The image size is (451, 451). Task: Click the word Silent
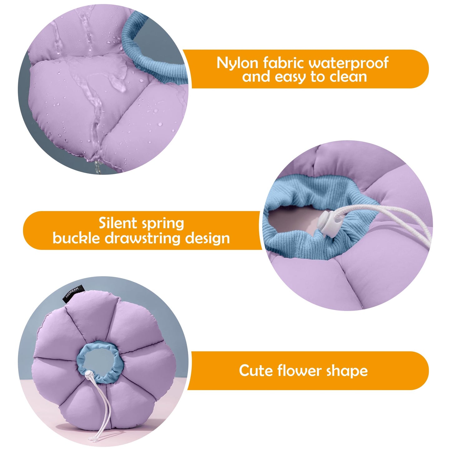pyautogui.click(x=118, y=223)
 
